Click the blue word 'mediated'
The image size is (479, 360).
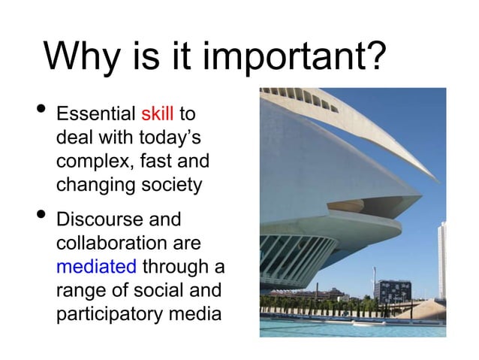(96, 267)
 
